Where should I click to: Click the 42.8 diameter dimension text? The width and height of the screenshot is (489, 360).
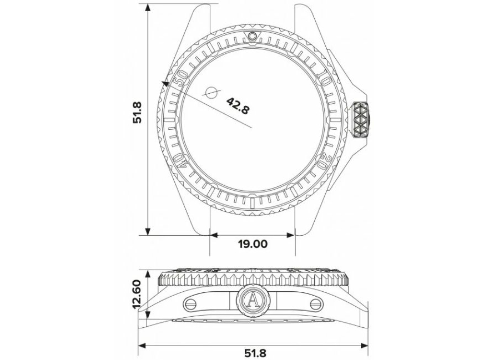click(x=238, y=105)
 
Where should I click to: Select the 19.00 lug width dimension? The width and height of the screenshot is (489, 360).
click(x=253, y=244)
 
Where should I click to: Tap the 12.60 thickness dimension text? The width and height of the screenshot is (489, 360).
click(x=138, y=294)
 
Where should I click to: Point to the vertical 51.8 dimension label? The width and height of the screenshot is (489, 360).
click(x=138, y=112)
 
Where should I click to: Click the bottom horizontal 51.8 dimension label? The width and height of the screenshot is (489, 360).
click(x=255, y=353)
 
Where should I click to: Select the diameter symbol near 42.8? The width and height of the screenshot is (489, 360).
click(x=212, y=92)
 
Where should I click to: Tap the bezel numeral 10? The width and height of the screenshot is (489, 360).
click(x=324, y=78)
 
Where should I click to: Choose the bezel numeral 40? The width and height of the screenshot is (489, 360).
click(x=180, y=161)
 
